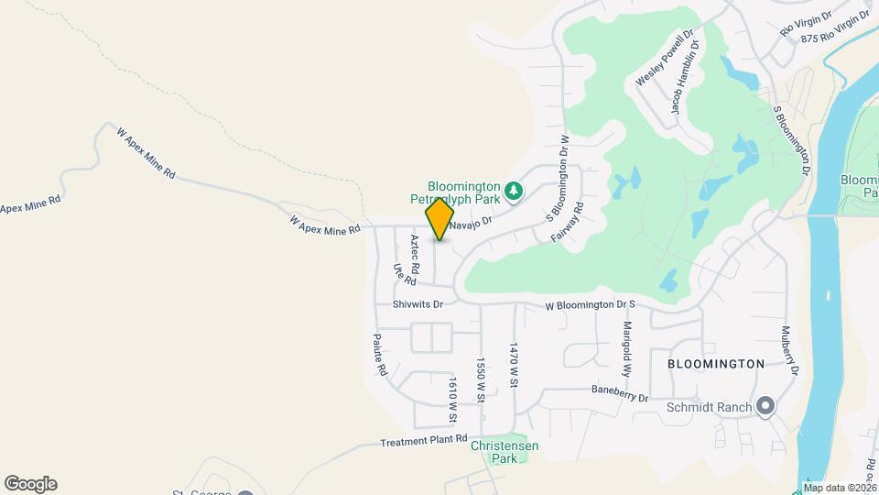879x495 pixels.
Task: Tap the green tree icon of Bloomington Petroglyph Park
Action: click(x=515, y=191)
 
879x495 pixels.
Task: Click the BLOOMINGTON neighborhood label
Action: click(x=716, y=364)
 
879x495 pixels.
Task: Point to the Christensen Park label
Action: click(x=505, y=451)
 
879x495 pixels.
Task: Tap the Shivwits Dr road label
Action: click(x=418, y=304)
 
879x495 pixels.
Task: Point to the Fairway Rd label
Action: click(x=568, y=224)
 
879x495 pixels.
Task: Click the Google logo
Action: click(x=30, y=484)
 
